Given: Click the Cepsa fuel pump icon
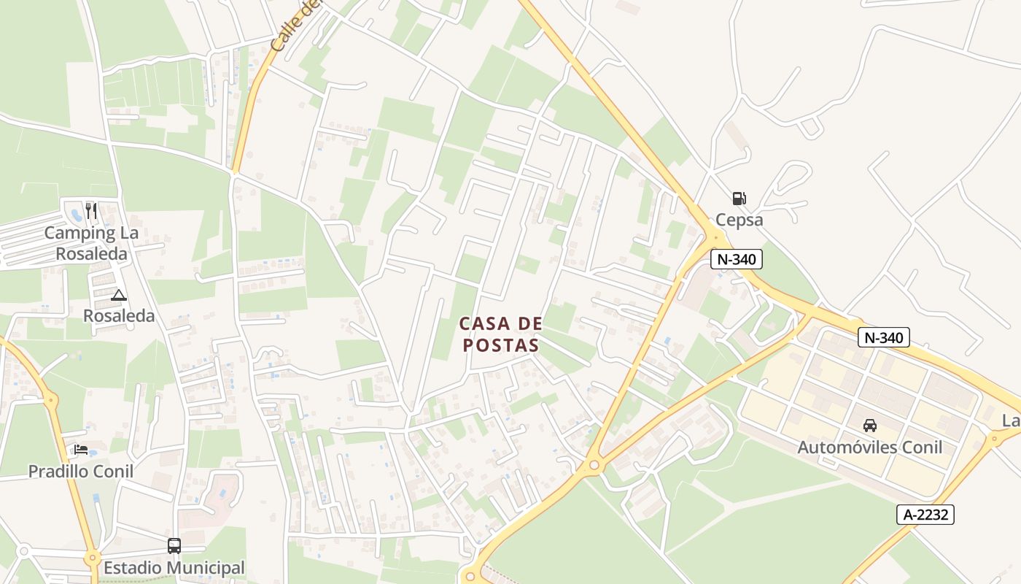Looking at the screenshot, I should coord(739,199).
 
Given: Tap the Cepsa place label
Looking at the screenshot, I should coord(739,220).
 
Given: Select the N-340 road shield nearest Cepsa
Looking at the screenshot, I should coord(736,259).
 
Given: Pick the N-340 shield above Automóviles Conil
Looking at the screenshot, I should coord(883,337).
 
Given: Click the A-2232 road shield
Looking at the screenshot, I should coord(925,515).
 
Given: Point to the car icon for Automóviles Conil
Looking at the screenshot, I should coord(869,426).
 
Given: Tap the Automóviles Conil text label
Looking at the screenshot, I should coord(869,447).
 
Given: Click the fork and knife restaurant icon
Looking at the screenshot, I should coord(91,211).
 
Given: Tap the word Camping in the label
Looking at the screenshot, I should coord(71,233).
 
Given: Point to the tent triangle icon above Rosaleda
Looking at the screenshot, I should coord(119,296).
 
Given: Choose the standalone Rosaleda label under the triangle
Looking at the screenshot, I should coord(119,316).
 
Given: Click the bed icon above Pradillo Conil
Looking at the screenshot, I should coord(81,450).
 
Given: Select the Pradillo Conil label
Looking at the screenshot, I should coord(81,471).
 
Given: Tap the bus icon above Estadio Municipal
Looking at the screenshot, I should coord(174,546).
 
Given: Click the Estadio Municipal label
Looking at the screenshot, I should coord(174,567).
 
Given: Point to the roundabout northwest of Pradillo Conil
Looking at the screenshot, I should coord(50,400).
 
